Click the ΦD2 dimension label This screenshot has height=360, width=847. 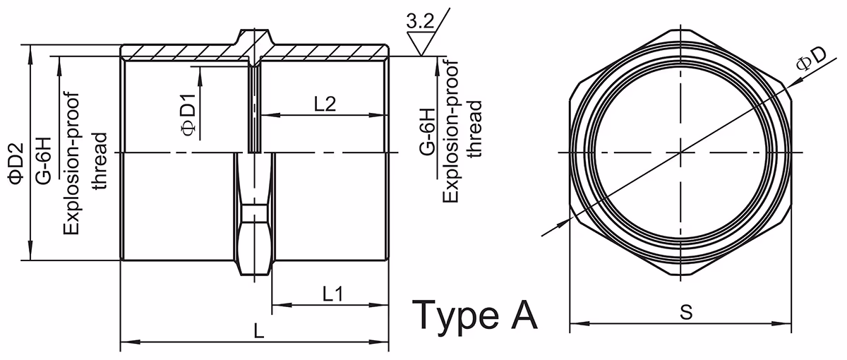pyautogui.click(x=18, y=162)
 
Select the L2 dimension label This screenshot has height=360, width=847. pyautogui.click(x=325, y=104)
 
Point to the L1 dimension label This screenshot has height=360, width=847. pyautogui.click(x=332, y=294)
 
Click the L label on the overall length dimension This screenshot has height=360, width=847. pyautogui.click(x=258, y=331)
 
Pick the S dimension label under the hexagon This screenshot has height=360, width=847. pyautogui.click(x=686, y=312)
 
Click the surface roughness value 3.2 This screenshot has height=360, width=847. pyautogui.click(x=420, y=23)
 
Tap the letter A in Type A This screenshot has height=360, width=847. pyautogui.click(x=524, y=313)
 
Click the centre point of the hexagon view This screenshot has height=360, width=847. pyautogui.click(x=681, y=152)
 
